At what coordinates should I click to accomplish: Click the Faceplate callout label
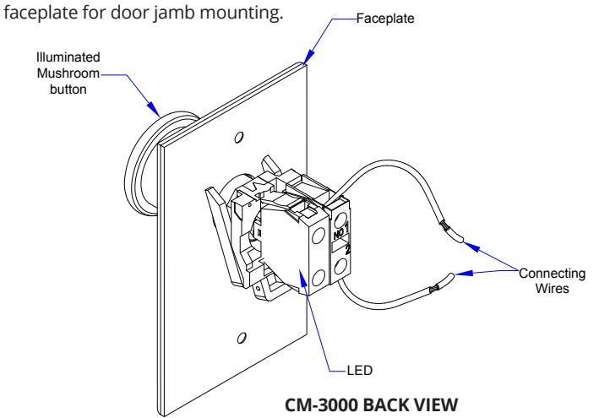385,19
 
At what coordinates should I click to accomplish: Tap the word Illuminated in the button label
68,57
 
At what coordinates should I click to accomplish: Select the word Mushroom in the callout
68,73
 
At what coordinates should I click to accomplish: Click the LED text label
359,370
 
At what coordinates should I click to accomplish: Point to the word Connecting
552,274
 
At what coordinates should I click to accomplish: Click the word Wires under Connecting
552,288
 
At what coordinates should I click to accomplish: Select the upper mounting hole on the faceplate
239,137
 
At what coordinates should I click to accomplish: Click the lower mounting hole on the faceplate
242,338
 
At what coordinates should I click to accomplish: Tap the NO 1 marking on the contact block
340,231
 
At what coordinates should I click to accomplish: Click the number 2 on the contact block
347,249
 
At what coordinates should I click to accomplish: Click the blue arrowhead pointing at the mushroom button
153,108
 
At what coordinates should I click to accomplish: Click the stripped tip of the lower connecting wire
443,283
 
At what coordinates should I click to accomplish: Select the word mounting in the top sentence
242,13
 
